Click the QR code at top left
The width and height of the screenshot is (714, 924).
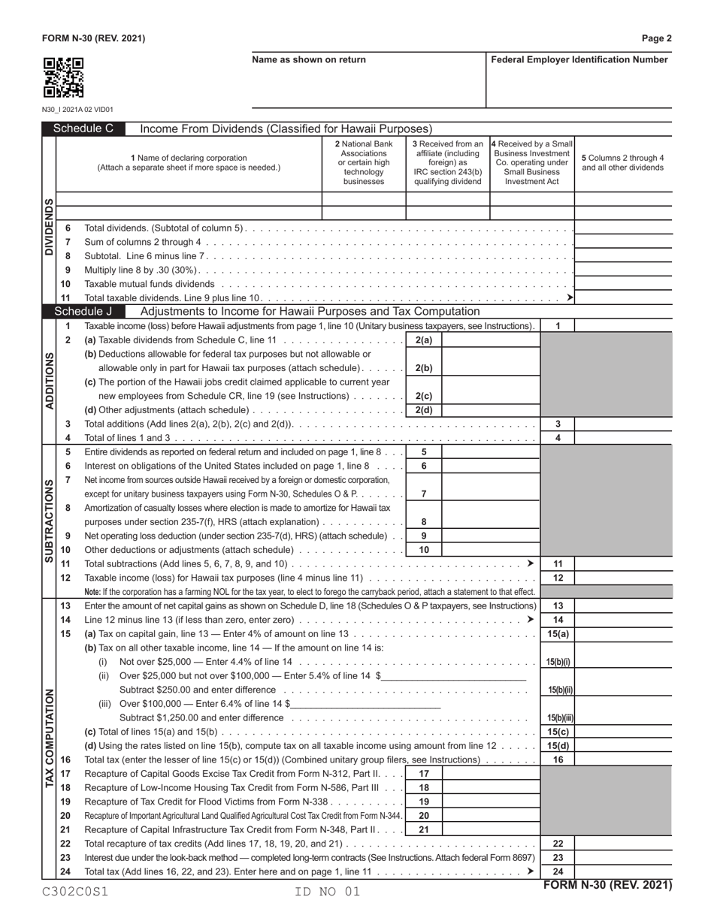[63, 78]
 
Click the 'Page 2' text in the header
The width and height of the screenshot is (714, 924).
[657, 38]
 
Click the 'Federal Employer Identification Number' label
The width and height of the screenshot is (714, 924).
[579, 60]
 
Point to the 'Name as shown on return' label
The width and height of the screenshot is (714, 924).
[309, 60]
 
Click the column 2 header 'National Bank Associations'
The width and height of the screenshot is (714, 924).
[364, 162]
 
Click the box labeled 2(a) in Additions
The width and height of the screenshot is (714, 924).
[424, 340]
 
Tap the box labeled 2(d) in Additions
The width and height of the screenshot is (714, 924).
[424, 410]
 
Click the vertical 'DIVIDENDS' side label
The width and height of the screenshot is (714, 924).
[49, 227]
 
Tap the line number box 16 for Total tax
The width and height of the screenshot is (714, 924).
[558, 759]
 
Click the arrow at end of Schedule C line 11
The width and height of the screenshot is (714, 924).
[570, 298]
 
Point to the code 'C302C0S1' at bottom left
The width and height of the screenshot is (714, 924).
[75, 892]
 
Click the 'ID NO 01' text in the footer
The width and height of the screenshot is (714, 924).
[329, 892]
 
